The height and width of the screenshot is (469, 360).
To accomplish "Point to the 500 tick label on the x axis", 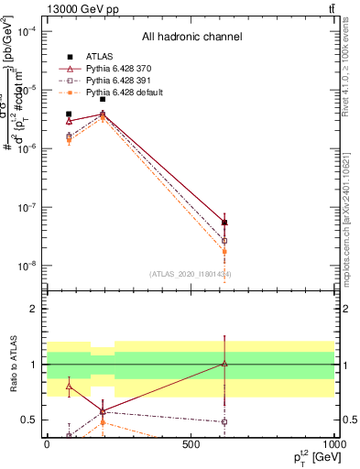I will (191, 443).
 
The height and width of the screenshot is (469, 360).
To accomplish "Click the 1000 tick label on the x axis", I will (333, 443).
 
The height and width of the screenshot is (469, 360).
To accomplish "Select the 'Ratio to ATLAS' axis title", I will (14, 366).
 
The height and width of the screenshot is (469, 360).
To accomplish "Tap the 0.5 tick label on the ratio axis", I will (29, 420).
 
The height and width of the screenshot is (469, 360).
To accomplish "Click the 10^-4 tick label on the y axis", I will (26, 31).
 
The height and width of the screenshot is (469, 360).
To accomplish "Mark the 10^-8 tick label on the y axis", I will (26, 266).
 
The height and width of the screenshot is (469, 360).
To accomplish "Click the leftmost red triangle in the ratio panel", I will (69, 387).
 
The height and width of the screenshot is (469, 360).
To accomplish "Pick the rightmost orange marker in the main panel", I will (224, 251).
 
